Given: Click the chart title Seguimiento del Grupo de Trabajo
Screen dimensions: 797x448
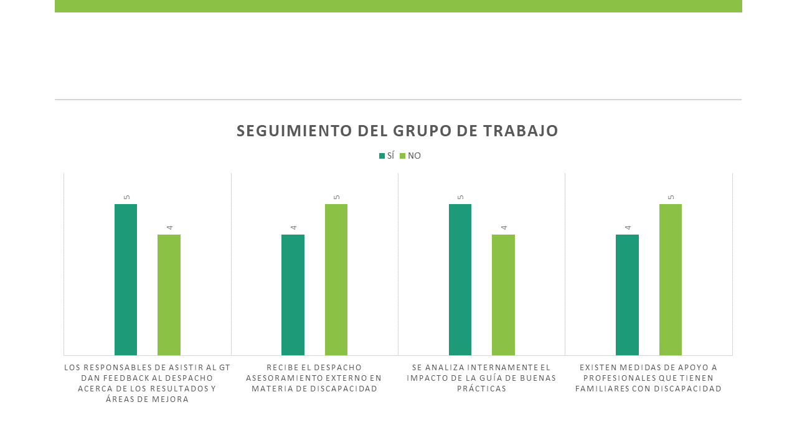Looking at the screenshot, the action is click(397, 131).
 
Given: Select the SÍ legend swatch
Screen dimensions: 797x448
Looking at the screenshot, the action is click(382, 156).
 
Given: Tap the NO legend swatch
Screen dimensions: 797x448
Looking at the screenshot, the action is click(402, 156).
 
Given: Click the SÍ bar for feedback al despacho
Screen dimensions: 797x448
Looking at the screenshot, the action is click(126, 279).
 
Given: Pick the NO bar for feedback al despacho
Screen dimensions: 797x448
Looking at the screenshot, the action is click(169, 295).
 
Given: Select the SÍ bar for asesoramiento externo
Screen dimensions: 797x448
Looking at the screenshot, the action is click(293, 295).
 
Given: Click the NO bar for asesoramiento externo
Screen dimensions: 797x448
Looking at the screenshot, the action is click(336, 279).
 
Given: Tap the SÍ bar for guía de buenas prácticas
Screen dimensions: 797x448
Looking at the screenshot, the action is click(460, 279).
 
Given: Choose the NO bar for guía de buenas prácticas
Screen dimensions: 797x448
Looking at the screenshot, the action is click(504, 295).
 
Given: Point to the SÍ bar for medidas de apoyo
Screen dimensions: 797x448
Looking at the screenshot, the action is click(627, 295).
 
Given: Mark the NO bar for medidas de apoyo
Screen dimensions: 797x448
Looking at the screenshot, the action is click(671, 279).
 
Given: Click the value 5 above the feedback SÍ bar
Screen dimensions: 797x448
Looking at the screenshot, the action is click(126, 197).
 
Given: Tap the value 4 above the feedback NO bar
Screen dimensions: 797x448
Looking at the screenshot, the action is click(170, 228).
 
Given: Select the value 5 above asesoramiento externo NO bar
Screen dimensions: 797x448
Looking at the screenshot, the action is click(337, 197).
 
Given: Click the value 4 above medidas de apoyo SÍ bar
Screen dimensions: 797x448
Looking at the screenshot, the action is click(628, 228).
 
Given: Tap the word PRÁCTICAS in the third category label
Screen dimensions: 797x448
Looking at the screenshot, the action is click(481, 389).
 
